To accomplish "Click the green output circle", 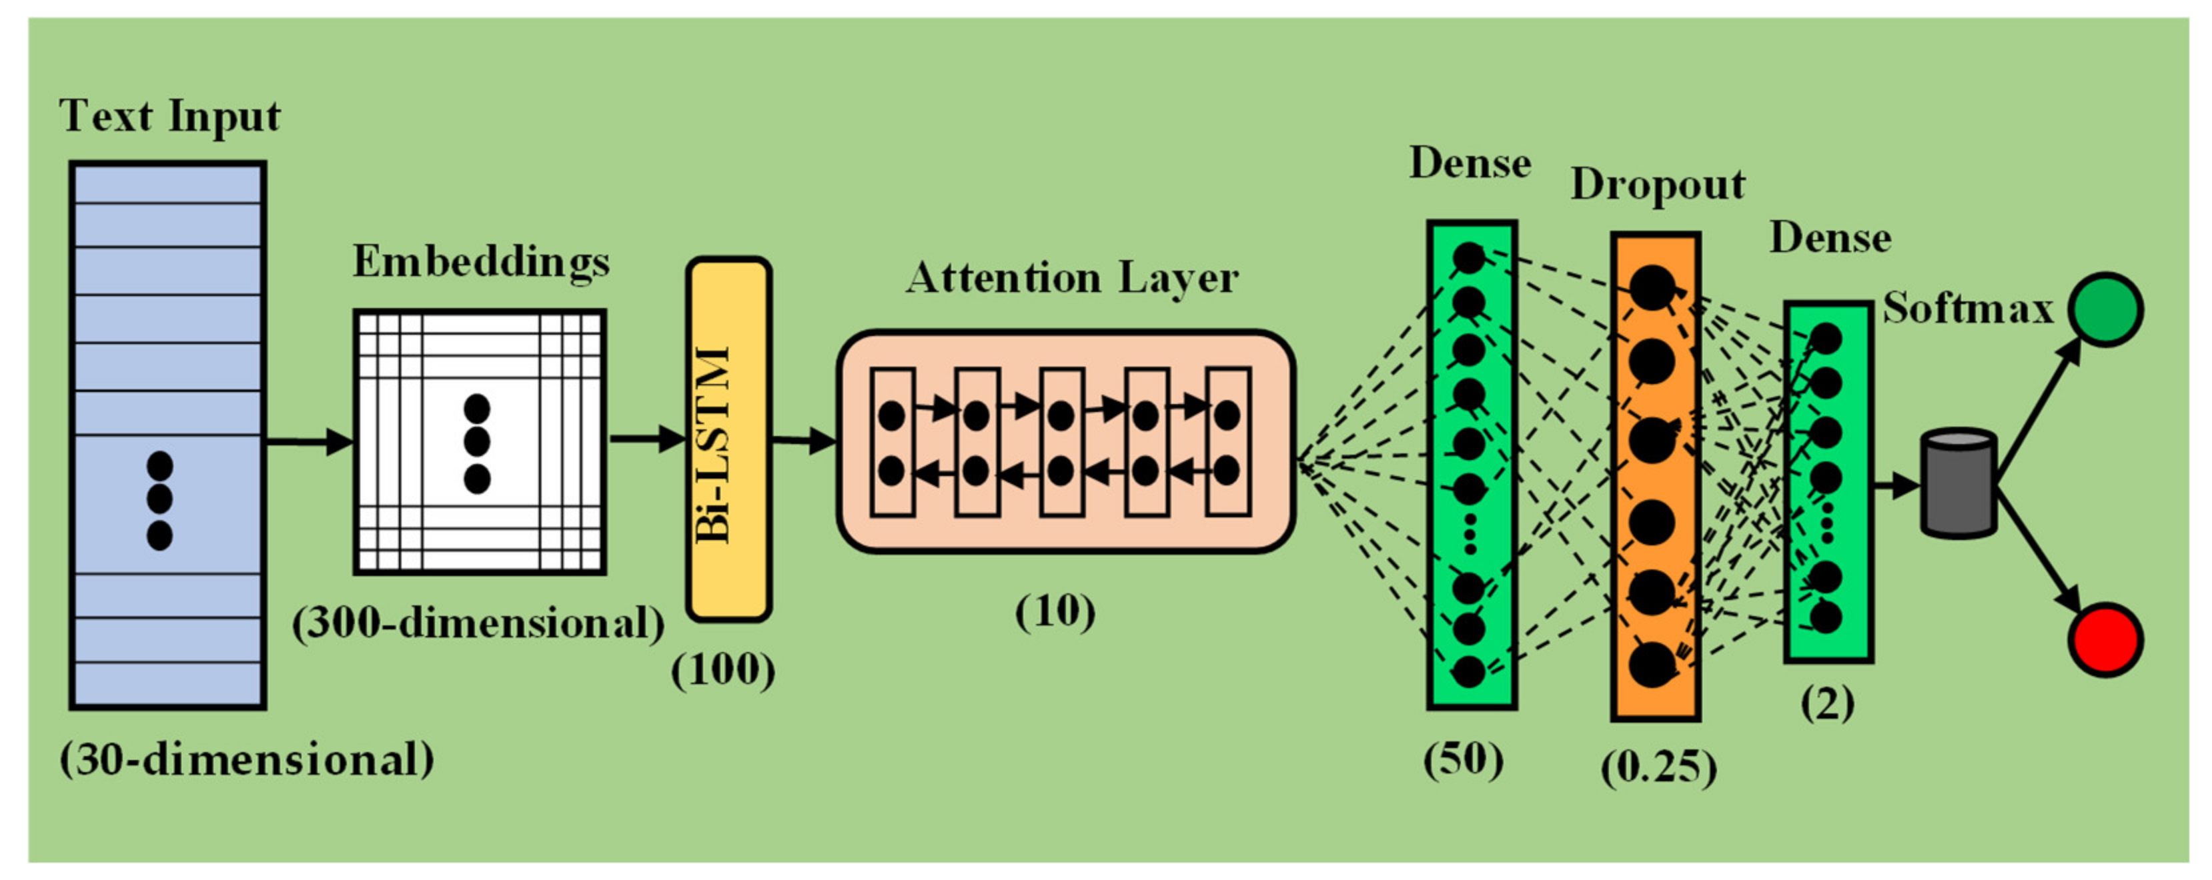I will [x=2105, y=309].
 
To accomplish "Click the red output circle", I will [x=2105, y=639].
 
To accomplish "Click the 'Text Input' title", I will [x=169, y=116].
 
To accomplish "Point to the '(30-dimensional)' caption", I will [x=246, y=759].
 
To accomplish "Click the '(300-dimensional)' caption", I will [x=478, y=623].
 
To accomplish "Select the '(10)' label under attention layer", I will [x=1055, y=611].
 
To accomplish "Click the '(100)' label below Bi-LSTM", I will [x=723, y=669].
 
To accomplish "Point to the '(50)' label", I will [x=1464, y=759].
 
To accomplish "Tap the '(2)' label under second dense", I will [x=1827, y=704].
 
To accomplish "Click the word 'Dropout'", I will [x=1657, y=185].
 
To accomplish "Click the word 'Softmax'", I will [x=1967, y=307].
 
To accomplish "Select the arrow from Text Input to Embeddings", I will [x=309, y=442].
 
